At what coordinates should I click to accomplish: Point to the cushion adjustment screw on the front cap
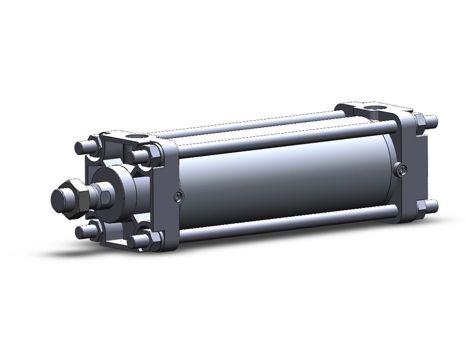[x=178, y=197]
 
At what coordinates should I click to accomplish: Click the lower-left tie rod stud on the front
[x=82, y=231]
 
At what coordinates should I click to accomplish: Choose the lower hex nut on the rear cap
[x=422, y=209]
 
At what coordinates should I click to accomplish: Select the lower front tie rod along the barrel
[x=282, y=223]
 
